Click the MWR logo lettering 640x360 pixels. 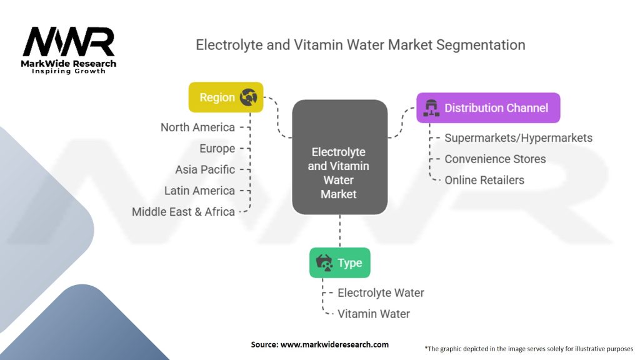click(x=69, y=42)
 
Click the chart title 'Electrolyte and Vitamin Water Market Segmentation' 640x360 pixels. click(x=360, y=45)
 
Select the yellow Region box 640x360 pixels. click(x=226, y=97)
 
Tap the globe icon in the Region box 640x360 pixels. click(x=248, y=97)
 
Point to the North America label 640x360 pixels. click(x=197, y=127)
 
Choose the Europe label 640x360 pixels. click(x=217, y=149)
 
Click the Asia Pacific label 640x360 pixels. click(x=205, y=169)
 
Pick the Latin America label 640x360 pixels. click(x=199, y=191)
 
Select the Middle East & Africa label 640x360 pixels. click(x=183, y=212)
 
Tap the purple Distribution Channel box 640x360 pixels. click(x=488, y=108)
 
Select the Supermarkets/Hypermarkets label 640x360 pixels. click(x=518, y=138)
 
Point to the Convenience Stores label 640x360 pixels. click(x=495, y=159)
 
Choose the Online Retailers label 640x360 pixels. click(x=484, y=180)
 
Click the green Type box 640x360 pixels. click(x=339, y=263)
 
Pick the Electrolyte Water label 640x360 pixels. click(x=381, y=292)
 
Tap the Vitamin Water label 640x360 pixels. click(x=374, y=314)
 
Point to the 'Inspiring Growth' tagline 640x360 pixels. click(x=69, y=71)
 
